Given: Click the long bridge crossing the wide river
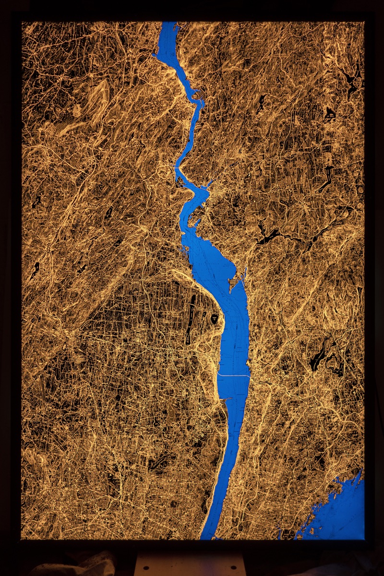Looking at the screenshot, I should (234, 375).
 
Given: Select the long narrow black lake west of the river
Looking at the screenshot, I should (191, 319).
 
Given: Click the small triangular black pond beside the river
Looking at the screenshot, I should (214, 318).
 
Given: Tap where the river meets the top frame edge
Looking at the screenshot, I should (168, 23).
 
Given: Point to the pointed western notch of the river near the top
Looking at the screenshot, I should (155, 56).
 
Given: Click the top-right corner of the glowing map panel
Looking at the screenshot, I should (364, 22).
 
